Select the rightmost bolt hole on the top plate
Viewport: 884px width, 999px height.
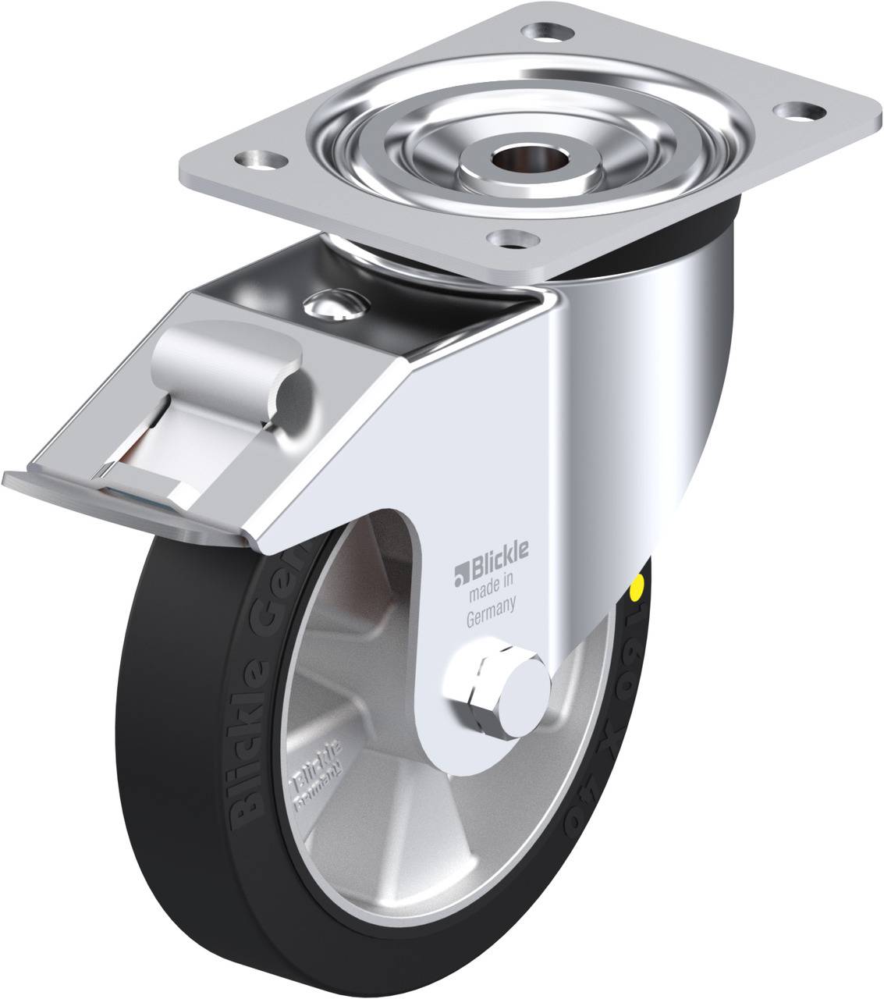796,112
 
